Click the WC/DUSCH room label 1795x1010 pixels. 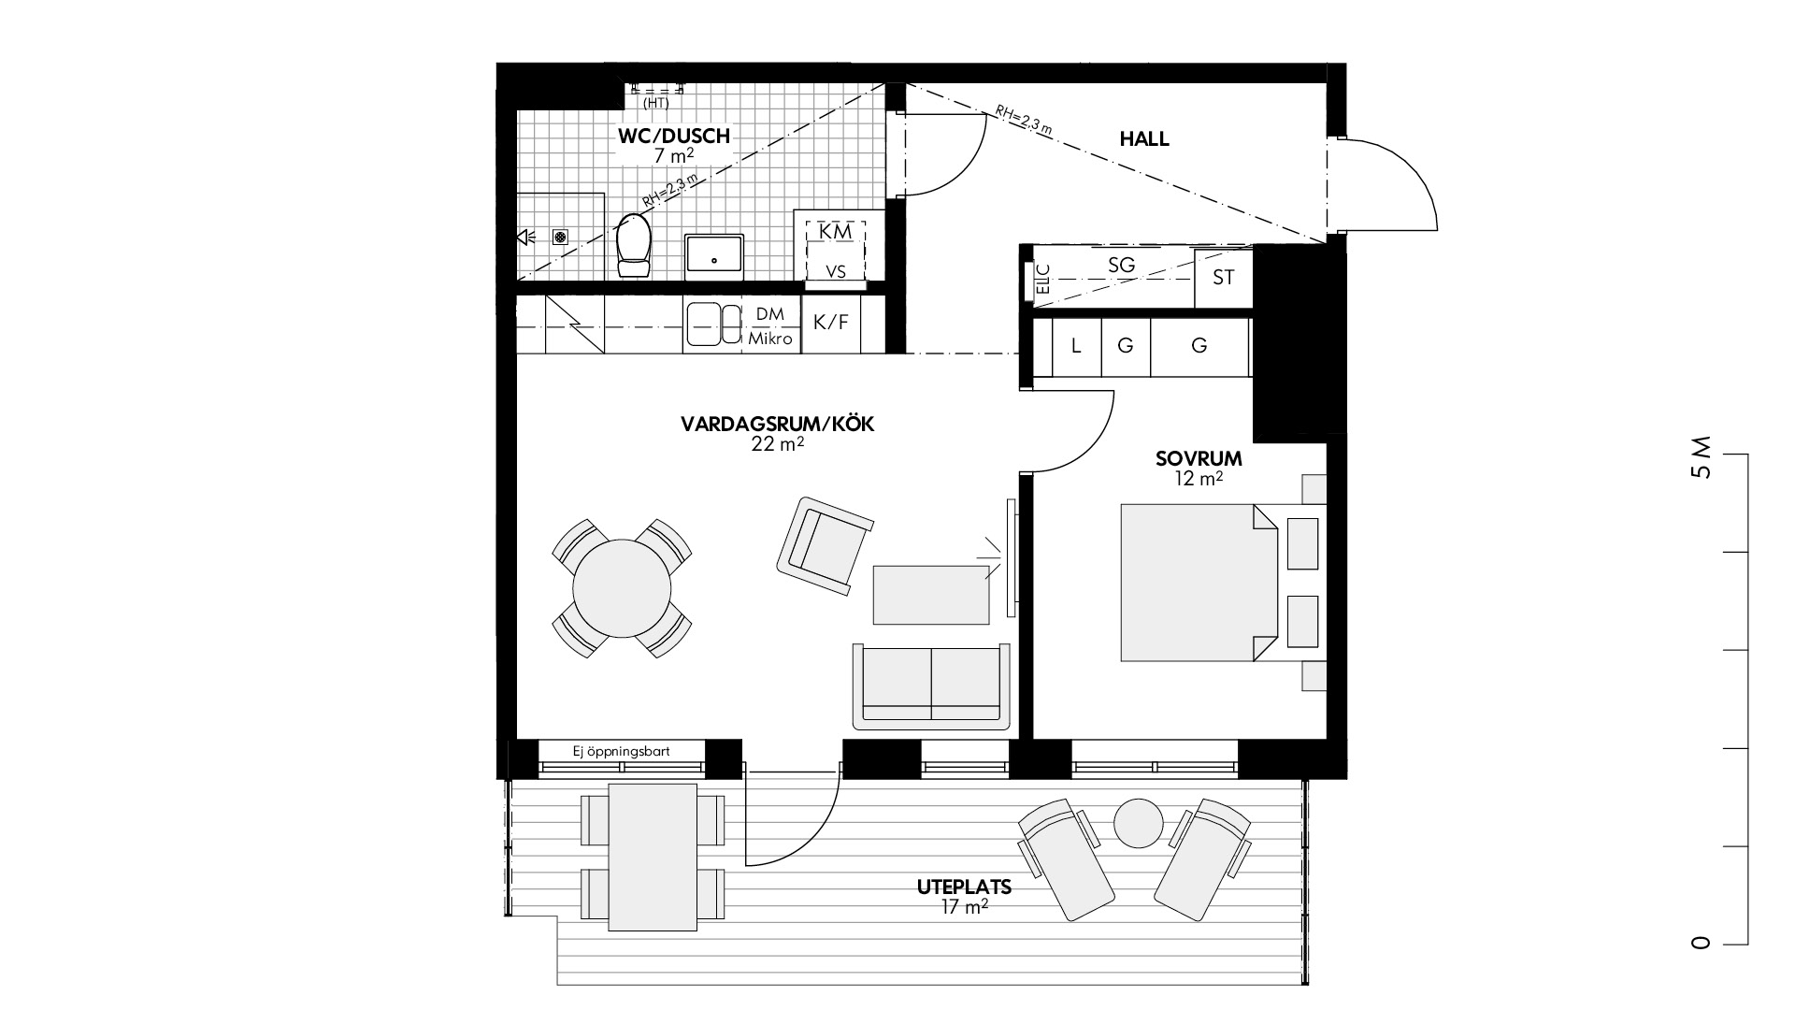click(673, 137)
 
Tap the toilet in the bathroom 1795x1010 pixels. click(634, 245)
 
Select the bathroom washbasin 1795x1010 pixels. click(715, 256)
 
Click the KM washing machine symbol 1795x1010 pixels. click(837, 230)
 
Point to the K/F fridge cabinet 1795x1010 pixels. click(831, 324)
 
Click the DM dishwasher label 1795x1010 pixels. click(770, 314)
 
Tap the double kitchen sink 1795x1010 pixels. click(712, 324)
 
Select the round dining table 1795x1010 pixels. click(622, 588)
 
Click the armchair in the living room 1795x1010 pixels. click(825, 546)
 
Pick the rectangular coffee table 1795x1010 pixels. click(931, 594)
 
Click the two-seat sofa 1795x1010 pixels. click(932, 686)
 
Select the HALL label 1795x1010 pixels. click(1144, 139)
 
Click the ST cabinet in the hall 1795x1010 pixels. click(1223, 278)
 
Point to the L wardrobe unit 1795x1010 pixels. click(1076, 346)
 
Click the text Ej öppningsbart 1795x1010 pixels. click(622, 751)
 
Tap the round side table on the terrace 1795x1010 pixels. click(1139, 823)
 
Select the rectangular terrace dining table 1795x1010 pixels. click(653, 857)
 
